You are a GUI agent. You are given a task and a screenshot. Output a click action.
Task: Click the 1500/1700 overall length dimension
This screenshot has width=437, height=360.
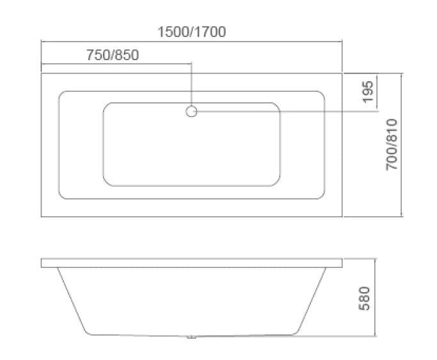click(192, 31)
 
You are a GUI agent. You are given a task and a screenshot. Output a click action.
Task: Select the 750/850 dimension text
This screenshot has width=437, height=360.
click(112, 55)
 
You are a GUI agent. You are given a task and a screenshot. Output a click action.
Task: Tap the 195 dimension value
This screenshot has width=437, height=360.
click(368, 92)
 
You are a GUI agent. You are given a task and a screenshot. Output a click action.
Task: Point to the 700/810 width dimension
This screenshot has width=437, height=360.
click(392, 145)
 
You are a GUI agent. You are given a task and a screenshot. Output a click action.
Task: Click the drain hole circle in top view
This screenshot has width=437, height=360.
click(191, 112)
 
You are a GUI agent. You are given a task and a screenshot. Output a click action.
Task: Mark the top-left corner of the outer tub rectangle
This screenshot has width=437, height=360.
click(42, 73)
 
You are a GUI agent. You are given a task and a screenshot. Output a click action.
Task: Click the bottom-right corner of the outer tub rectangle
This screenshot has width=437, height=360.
click(343, 217)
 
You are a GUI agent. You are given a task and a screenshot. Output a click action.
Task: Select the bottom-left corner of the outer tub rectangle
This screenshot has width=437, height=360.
click(42, 217)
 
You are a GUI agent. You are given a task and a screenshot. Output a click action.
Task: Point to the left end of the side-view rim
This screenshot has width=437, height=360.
click(42, 263)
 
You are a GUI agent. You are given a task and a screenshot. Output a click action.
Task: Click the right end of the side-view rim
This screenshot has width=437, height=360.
click(342, 263)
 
